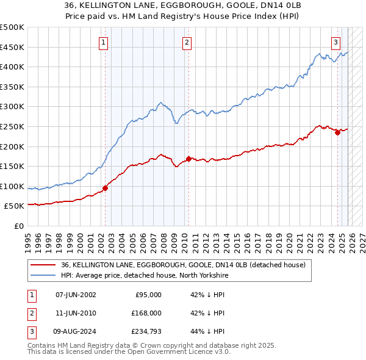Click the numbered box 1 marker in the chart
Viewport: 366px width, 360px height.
[104, 42]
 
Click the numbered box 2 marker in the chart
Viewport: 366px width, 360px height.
[186, 42]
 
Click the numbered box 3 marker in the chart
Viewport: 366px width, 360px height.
[335, 42]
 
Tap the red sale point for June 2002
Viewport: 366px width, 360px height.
[105, 188]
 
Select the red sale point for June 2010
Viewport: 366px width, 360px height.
[188, 159]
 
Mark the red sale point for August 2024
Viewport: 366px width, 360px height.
[337, 132]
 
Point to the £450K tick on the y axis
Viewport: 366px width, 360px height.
[12, 47]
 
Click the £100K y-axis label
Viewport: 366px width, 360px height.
[12, 186]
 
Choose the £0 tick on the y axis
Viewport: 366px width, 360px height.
[18, 226]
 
